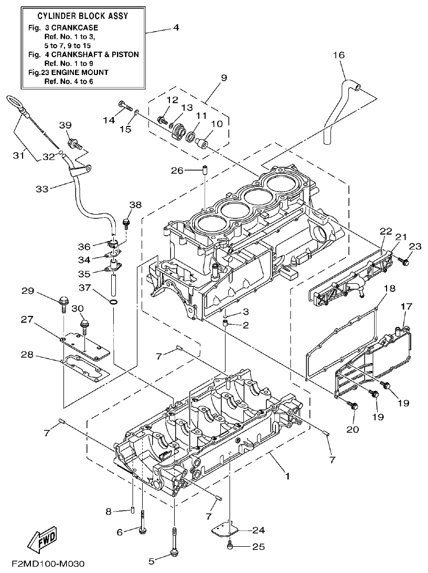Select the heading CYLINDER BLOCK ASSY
(x=83, y=16)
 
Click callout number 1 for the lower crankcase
(x=287, y=476)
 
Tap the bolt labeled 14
(x=124, y=105)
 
